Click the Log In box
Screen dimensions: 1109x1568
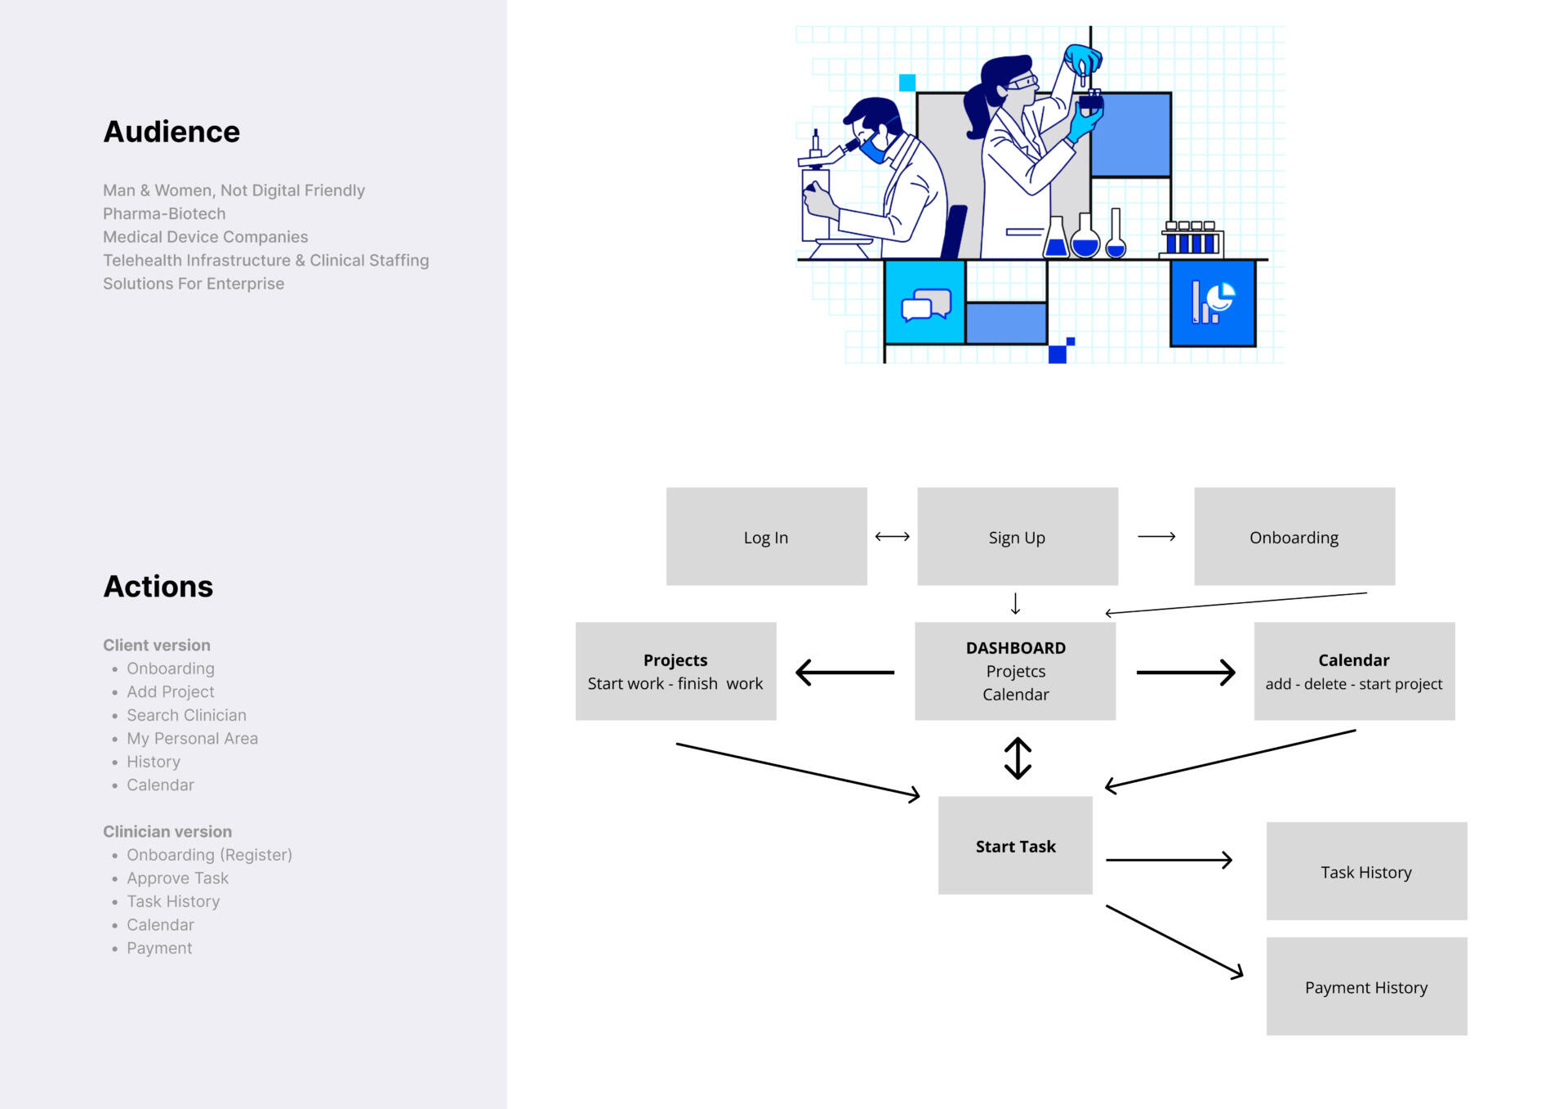766,537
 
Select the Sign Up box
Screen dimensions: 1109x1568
1017,537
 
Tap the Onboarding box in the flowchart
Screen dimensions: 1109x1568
1294,537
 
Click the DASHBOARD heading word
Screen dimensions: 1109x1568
1015,648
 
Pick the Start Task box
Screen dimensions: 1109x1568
1015,846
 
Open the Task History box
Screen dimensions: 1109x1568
1365,872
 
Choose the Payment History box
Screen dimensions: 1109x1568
1365,987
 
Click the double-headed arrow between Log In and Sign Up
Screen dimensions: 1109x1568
892,537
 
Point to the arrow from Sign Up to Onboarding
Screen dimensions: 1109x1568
1156,537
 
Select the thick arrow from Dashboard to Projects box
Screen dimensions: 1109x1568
844,673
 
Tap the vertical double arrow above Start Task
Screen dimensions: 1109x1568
1018,758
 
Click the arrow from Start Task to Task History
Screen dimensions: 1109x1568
1169,860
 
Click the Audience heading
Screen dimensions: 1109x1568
171,132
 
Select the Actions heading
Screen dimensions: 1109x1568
158,587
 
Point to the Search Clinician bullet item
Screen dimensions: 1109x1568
186,715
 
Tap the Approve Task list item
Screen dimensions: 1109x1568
177,878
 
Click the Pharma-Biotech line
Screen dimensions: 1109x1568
164,213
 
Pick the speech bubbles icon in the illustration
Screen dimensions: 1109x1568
925,304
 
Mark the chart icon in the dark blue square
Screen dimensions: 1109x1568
1213,302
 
